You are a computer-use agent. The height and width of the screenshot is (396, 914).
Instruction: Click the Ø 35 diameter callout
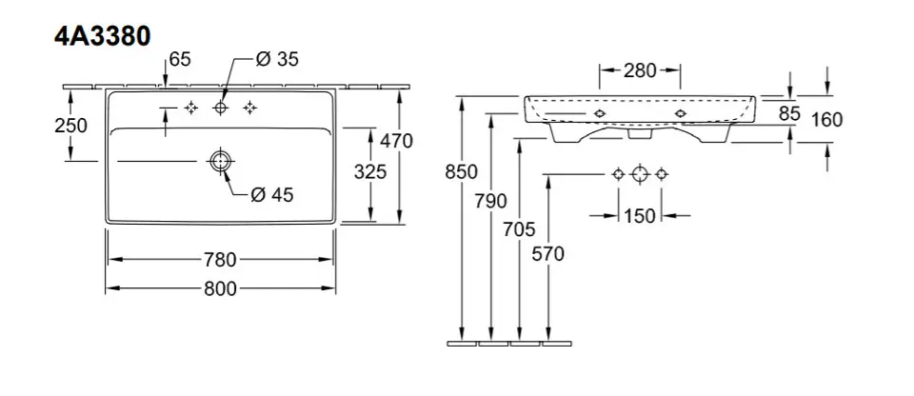coord(278,60)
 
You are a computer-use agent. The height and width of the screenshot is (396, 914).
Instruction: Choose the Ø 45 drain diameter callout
coord(271,195)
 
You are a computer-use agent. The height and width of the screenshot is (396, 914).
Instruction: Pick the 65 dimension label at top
coord(180,60)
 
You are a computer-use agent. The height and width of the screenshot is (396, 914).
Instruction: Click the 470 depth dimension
coord(396,141)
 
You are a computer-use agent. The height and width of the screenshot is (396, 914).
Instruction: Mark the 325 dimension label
coord(369,171)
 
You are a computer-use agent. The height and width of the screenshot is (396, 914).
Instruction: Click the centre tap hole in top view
coord(221,108)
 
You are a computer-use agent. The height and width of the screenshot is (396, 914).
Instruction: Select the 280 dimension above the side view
coord(640,70)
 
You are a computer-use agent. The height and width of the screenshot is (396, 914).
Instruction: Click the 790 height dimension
coord(491,201)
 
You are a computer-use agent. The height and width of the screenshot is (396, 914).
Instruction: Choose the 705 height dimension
coord(520,229)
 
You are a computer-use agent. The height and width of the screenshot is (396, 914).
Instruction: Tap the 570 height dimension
coord(549,253)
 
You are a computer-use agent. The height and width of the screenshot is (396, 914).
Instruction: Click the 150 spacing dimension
coord(640,216)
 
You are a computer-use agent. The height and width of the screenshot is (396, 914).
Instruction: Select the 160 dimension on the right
coord(828,119)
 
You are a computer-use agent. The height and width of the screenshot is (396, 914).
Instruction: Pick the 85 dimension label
coord(789,113)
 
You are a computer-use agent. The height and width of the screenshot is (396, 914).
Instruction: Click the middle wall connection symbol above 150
coord(640,174)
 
